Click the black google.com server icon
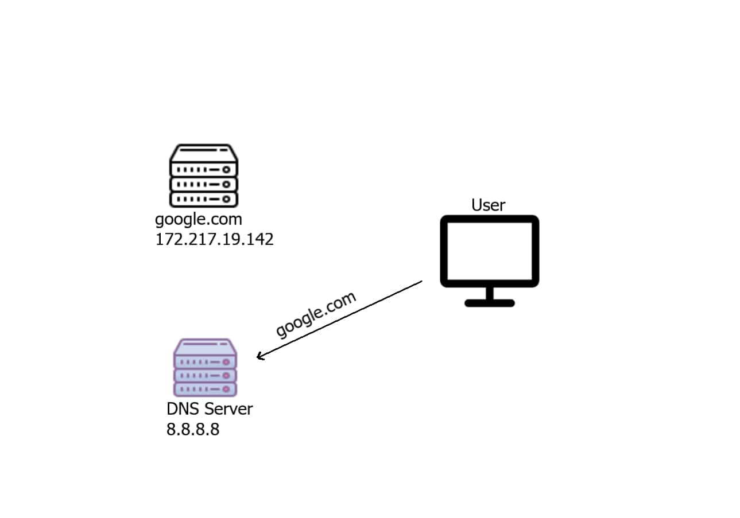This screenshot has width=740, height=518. (204, 176)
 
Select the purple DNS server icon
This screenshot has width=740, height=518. (205, 368)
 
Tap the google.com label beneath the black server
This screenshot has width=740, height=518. (198, 219)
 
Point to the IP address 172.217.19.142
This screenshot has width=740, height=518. (214, 239)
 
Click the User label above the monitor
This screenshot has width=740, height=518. (488, 205)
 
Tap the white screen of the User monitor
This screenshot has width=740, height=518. (489, 251)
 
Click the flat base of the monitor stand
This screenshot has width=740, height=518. (489, 303)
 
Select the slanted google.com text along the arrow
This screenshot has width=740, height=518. (316, 314)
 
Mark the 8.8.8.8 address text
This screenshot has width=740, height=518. (193, 430)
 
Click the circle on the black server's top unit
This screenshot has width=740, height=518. (226, 170)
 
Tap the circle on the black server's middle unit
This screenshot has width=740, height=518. (226, 184)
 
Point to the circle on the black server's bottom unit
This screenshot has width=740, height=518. (226, 198)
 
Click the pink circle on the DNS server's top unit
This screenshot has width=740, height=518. (226, 362)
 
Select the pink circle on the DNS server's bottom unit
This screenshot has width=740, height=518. (226, 389)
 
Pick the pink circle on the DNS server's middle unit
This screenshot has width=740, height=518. (226, 375)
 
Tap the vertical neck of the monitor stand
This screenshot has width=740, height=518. (489, 293)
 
